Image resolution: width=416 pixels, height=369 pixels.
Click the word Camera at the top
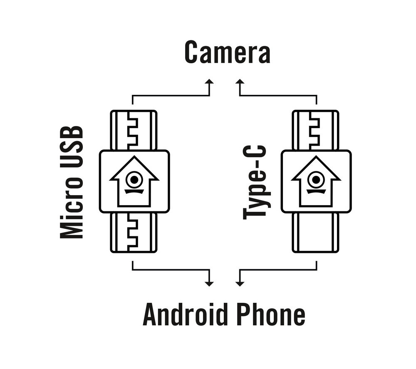227,53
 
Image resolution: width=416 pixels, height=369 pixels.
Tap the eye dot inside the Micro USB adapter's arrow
134,180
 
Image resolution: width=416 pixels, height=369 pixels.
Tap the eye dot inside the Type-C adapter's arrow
316,180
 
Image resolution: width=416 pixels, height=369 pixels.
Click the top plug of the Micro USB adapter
134,130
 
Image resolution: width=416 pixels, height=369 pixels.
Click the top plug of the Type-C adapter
315,130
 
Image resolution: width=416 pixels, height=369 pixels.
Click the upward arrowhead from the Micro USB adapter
209,82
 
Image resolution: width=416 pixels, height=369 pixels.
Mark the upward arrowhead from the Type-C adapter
240,82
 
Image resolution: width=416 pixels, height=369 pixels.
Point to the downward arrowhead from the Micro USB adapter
209,283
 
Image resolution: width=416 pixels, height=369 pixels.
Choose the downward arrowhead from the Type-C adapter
240,283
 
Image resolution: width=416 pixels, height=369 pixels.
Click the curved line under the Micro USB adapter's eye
134,192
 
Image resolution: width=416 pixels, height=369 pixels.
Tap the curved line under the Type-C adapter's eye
316,192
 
